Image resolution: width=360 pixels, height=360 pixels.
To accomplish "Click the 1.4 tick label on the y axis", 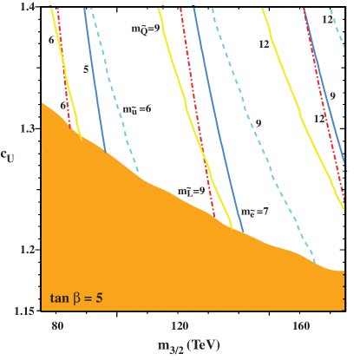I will pos(29,7).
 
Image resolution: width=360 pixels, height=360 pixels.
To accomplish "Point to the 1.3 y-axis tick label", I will pos(29,128).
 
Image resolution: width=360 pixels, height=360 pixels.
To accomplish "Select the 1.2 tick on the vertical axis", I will pos(29,250).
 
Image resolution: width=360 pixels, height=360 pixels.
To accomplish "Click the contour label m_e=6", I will pos(136,111).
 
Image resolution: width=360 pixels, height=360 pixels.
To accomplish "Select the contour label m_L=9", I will pos(190,190).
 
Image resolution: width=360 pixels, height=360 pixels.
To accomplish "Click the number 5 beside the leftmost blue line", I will pos(84,66).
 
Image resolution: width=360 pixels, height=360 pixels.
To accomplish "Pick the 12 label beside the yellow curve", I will pos(263,43).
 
